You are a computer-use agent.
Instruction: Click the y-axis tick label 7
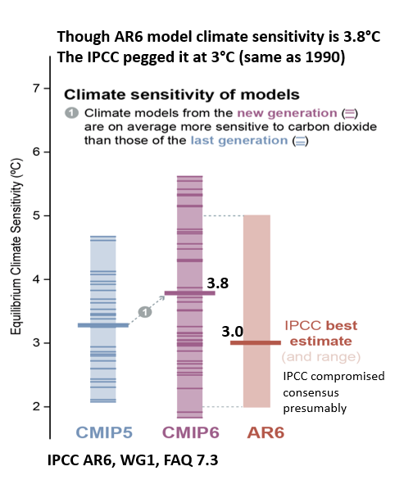point(37,88)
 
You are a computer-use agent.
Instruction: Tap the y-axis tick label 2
point(37,406)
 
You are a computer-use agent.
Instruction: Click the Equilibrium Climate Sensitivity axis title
point(16,247)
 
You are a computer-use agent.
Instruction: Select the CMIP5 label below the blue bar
point(104,432)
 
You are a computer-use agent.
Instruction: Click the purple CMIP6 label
point(190,432)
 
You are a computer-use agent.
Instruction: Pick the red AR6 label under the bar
point(265,432)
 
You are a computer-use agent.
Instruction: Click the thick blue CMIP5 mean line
point(103,325)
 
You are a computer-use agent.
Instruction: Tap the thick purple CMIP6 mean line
point(190,293)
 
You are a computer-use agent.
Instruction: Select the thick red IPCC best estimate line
point(256,343)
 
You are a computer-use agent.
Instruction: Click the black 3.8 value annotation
point(218,283)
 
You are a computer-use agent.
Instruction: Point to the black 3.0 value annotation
point(233,331)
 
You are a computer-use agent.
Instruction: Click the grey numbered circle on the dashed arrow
point(145,312)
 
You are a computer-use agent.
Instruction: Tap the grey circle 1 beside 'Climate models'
point(71,113)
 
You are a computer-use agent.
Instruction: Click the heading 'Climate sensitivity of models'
point(182,94)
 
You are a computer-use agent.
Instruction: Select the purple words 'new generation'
point(287,113)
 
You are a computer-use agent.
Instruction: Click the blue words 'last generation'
point(239,141)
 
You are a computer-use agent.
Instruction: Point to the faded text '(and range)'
point(321,357)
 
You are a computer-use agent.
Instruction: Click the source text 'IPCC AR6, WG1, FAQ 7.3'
point(133,460)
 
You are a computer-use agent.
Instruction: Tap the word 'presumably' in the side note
point(315,409)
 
